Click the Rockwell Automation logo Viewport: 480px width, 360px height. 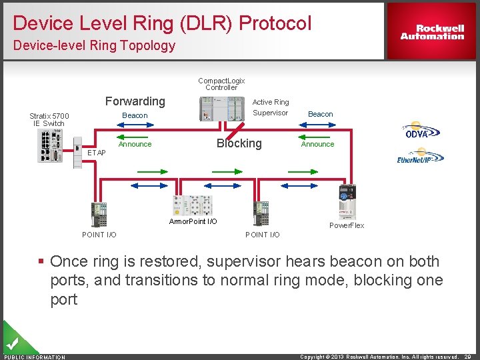click(432, 31)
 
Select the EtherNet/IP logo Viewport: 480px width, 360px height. click(420, 157)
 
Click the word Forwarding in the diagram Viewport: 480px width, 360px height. click(135, 101)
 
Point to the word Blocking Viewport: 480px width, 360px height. click(239, 143)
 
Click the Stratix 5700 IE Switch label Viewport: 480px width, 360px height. click(49, 119)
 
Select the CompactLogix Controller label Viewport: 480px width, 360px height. click(221, 84)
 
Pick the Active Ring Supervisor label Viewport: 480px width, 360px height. click(271, 107)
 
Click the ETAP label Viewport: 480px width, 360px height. click(97, 153)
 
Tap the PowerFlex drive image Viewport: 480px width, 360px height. click(347, 201)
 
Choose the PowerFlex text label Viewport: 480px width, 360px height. click(347, 225)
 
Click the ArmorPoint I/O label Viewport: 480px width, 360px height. click(193, 221)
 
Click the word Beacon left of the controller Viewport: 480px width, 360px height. click(135, 116)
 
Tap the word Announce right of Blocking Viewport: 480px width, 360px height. click(317, 144)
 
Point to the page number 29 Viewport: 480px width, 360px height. click(468, 357)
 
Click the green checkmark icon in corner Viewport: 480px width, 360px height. click(12, 343)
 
